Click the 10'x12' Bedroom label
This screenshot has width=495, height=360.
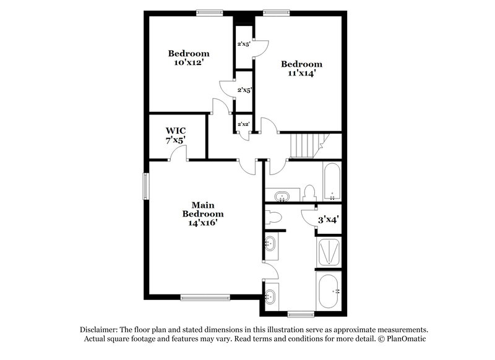[x=189, y=58]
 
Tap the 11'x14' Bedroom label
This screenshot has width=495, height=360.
[x=301, y=69]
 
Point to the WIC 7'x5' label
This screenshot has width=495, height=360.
[x=176, y=135]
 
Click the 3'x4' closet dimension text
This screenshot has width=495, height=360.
[x=329, y=220]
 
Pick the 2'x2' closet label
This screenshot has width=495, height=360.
[x=243, y=124]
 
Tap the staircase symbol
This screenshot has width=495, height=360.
[x=306, y=145]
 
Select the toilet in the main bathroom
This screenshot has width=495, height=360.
[x=273, y=217]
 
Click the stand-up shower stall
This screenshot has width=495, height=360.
[x=328, y=252]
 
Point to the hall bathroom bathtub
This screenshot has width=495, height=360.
[x=332, y=182]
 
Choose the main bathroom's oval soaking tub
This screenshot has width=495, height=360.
[x=328, y=290]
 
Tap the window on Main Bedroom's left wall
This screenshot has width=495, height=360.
[x=147, y=185]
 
